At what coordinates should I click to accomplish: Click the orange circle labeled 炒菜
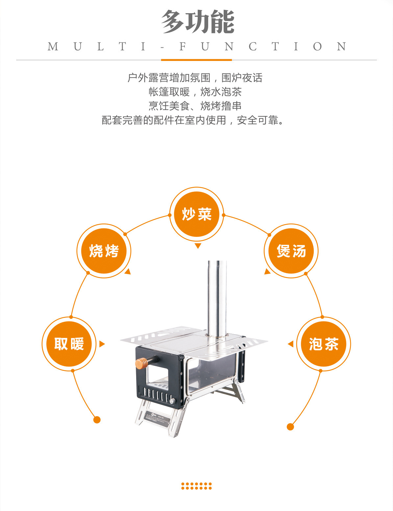pyautogui.click(x=197, y=214)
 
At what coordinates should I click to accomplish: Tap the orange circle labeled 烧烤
pyautogui.click(x=104, y=251)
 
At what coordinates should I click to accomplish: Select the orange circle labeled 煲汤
pyautogui.click(x=291, y=251)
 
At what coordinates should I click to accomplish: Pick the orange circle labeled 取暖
pyautogui.click(x=69, y=344)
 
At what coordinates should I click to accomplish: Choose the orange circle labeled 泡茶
pyautogui.click(x=324, y=344)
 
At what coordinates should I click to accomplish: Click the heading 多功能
pyautogui.click(x=197, y=22)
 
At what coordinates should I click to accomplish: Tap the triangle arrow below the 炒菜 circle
pyautogui.click(x=198, y=246)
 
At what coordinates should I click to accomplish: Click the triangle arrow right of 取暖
pyautogui.click(x=102, y=344)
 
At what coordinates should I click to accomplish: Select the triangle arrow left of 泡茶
pyautogui.click(x=290, y=344)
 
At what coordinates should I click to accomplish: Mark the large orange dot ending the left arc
pyautogui.click(x=97, y=420)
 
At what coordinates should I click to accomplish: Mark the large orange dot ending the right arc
pyautogui.click(x=290, y=427)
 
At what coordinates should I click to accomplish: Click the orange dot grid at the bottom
pyautogui.click(x=196, y=486)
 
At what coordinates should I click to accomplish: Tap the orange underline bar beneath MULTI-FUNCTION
pyautogui.click(x=196, y=60)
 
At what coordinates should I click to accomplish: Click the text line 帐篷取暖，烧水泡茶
pyautogui.click(x=195, y=92)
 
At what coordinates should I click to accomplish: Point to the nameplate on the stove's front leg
pyautogui.click(x=159, y=419)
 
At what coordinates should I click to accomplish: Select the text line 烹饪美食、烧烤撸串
pyautogui.click(x=195, y=106)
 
